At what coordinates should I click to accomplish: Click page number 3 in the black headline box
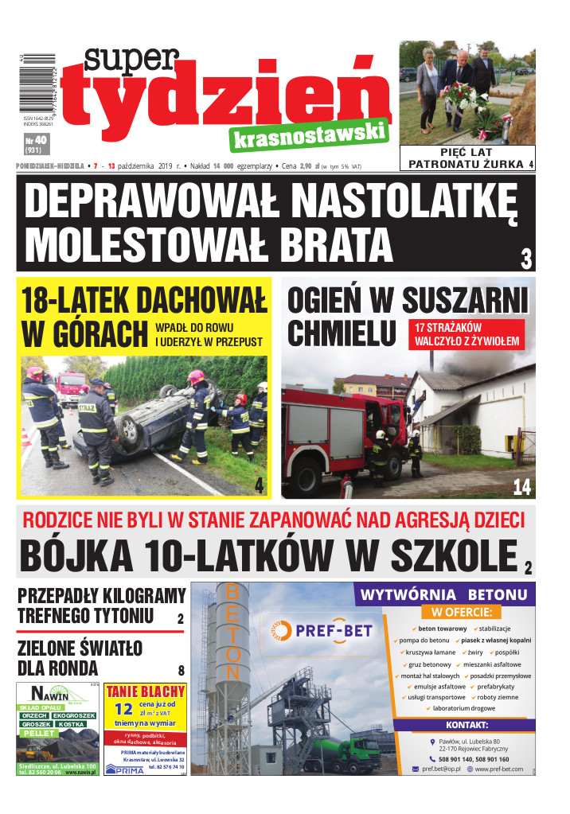(525, 259)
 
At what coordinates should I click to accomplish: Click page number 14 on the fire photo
(521, 485)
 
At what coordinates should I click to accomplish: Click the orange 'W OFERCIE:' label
(462, 612)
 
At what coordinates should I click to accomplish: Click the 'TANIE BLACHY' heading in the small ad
(146, 691)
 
